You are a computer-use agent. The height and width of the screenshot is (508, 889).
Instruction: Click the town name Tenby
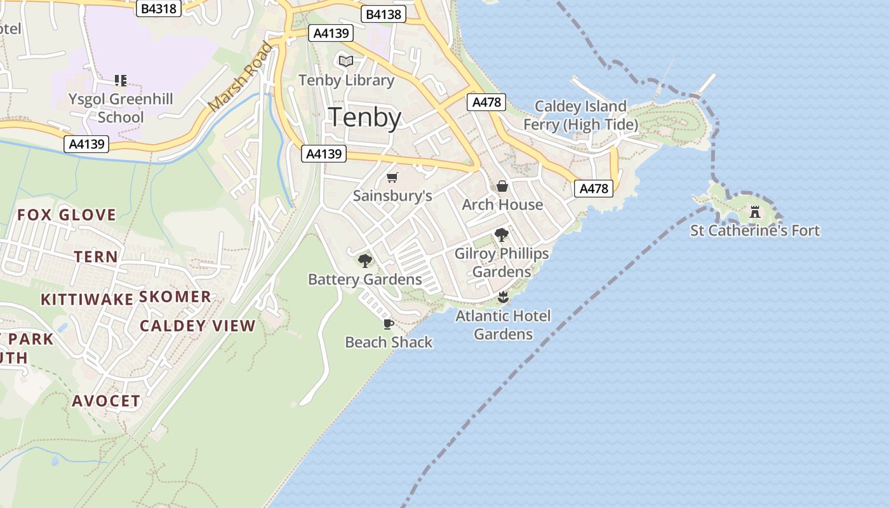pos(364,118)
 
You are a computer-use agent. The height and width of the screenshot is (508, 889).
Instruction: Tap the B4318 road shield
pos(159,9)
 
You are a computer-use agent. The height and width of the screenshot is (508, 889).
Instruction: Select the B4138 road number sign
pos(384,14)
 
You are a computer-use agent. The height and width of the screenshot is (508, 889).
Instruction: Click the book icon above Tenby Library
pos(346,61)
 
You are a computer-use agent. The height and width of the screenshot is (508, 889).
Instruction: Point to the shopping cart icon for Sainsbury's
pos(392,178)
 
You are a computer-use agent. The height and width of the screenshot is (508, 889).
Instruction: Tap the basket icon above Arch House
pos(502,186)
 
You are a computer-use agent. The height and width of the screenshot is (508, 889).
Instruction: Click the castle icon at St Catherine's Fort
pos(755,211)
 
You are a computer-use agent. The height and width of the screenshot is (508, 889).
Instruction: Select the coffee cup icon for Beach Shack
pos(389,324)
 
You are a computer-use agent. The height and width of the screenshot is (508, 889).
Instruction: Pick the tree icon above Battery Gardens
pos(365,260)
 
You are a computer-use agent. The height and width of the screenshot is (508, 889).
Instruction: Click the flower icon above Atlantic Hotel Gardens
pos(503,297)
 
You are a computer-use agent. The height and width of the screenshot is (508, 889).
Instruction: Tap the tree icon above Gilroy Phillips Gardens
pos(502,235)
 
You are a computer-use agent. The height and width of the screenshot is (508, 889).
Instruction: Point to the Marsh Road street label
pos(241,77)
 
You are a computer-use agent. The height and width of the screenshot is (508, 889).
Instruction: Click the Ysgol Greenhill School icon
pos(121,81)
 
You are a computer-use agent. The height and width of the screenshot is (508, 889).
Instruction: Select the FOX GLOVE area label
pos(67,215)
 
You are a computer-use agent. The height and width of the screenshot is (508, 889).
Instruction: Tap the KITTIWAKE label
pos(87,299)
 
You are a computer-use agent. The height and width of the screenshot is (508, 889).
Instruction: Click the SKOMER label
pos(175,297)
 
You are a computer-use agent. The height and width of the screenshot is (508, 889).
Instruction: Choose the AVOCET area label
pos(106,401)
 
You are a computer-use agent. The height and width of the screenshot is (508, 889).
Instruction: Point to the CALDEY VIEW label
pos(197,326)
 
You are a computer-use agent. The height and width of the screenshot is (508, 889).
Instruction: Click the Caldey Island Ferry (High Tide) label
pos(580,115)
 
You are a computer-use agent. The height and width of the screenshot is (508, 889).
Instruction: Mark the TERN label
pos(96,257)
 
